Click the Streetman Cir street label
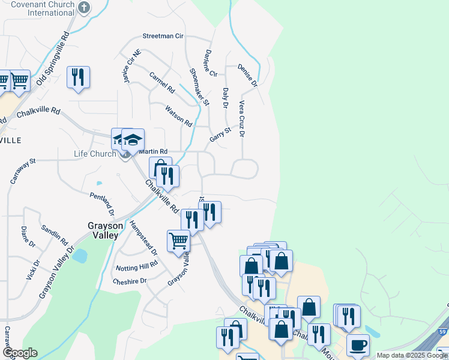click(163, 36)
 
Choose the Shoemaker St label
click(199, 86)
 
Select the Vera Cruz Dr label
click(242, 118)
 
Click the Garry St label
click(220, 134)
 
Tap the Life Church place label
click(94, 154)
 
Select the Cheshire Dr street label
click(130, 281)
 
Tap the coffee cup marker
click(358, 346)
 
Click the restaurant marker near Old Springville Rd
click(78, 77)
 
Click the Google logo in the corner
click(20, 353)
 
